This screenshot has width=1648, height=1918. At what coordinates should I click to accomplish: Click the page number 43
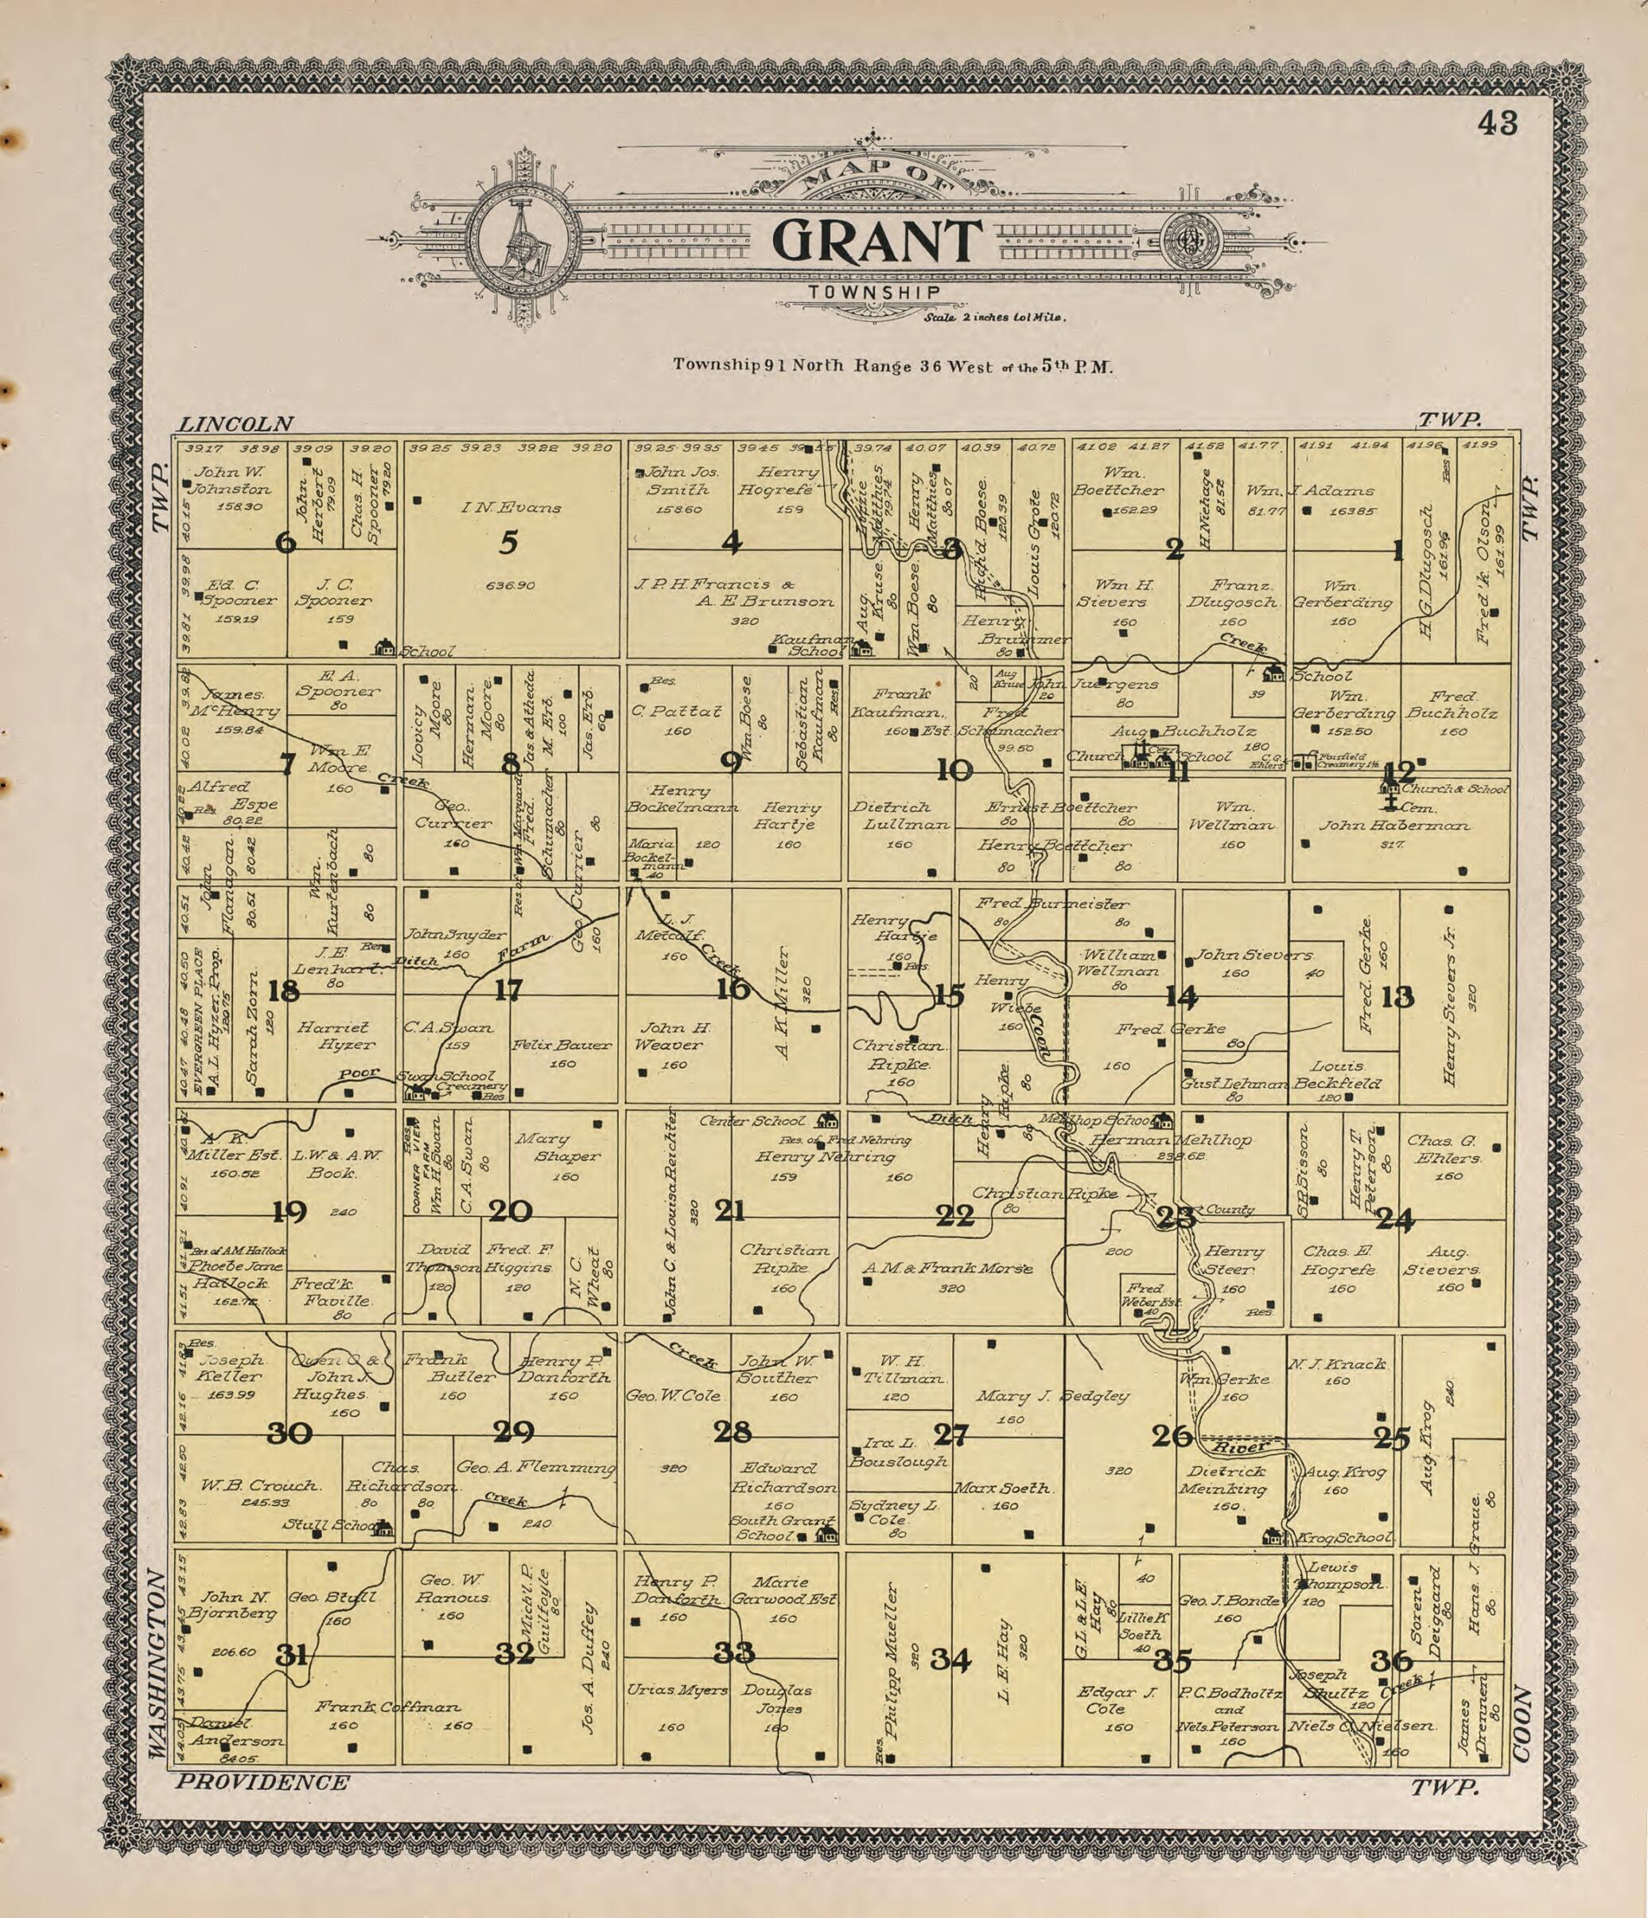click(x=1497, y=123)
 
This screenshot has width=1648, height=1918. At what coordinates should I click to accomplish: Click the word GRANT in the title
click(x=876, y=241)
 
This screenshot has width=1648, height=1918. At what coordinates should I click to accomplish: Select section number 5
click(x=508, y=542)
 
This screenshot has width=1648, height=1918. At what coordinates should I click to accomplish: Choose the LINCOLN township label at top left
click(x=235, y=424)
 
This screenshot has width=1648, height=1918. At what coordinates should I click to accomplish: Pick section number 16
click(x=733, y=988)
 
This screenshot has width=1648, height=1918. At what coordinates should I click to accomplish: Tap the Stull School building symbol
click(x=382, y=1529)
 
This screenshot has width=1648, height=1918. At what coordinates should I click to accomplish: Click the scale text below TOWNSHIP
click(x=994, y=317)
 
